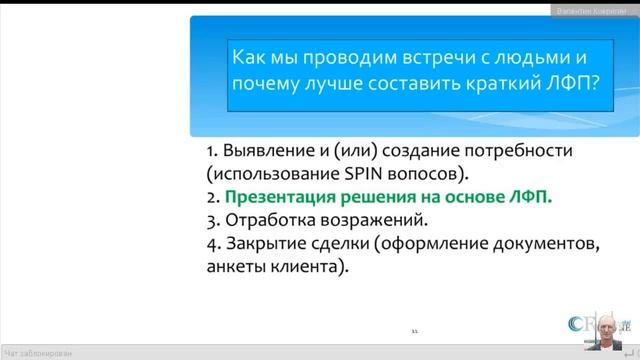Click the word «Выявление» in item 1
point(271,152)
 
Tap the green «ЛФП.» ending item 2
point(531,197)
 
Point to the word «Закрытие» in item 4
point(268,242)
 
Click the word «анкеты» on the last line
point(240,265)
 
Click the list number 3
point(210,219)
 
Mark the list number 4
point(210,242)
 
